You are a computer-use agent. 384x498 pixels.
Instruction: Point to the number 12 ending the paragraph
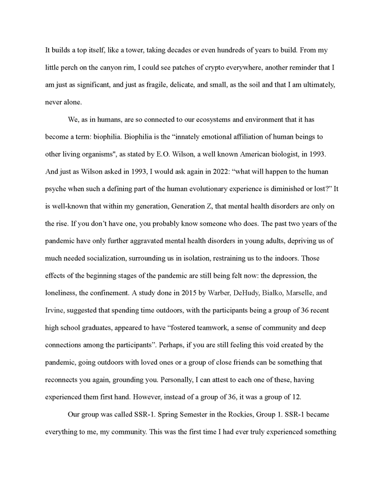[x=296, y=397]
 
